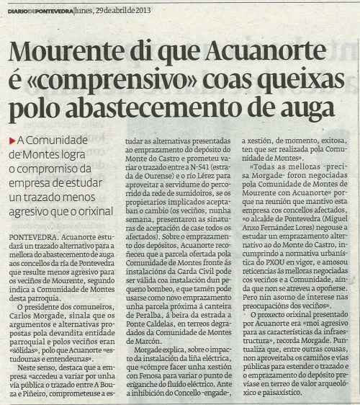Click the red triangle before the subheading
pyautogui.click(x=13, y=140)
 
